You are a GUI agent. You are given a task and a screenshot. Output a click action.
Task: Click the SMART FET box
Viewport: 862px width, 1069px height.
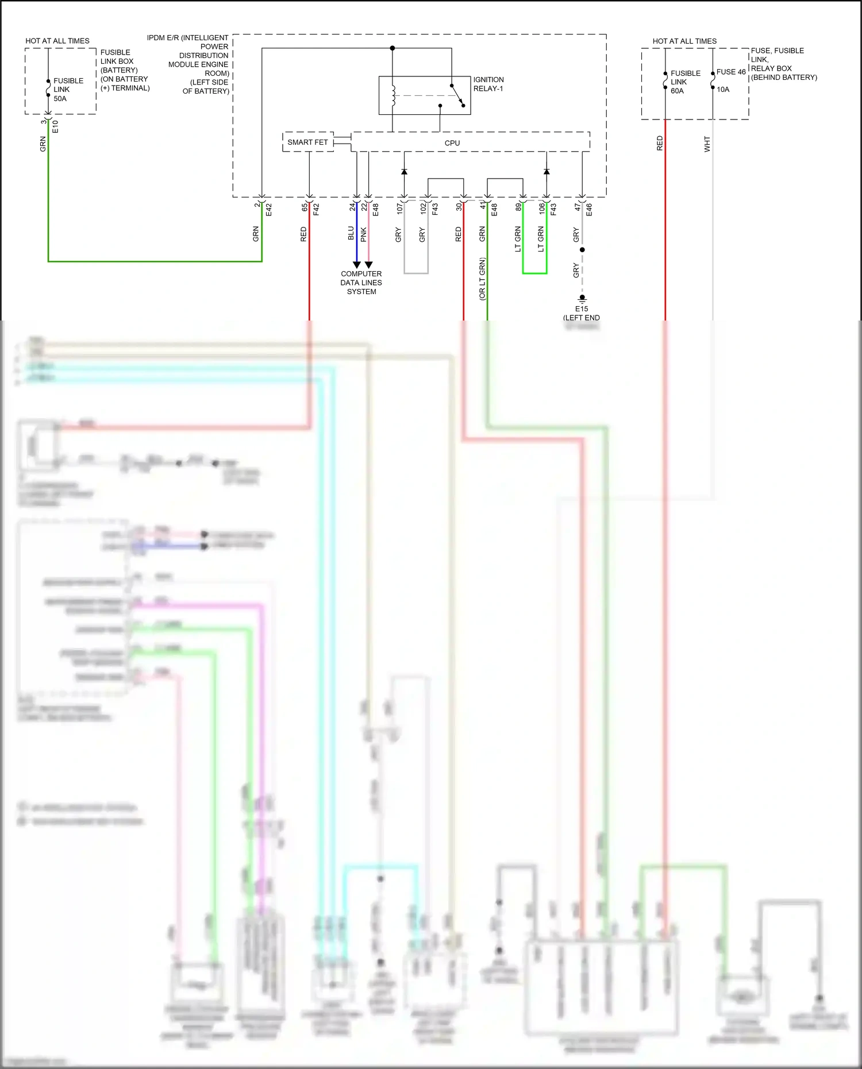(x=308, y=142)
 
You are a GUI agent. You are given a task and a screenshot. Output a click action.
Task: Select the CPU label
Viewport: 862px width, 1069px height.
(x=452, y=143)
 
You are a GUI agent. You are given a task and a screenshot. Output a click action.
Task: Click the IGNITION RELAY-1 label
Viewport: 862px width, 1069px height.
(x=488, y=84)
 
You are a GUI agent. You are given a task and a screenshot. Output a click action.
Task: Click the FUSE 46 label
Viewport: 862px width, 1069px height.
(x=731, y=72)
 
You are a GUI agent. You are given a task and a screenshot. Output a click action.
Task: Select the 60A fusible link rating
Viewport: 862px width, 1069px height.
(x=678, y=91)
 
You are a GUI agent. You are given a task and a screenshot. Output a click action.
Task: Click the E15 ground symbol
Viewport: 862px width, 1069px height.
(x=582, y=299)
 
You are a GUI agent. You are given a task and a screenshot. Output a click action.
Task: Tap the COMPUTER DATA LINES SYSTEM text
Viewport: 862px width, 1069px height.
(x=361, y=283)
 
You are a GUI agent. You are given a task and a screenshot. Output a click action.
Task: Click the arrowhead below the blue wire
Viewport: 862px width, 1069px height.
(x=356, y=265)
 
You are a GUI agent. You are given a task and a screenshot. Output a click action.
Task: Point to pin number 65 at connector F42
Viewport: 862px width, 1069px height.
(x=305, y=207)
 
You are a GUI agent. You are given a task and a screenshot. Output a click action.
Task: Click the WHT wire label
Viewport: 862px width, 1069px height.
(x=707, y=144)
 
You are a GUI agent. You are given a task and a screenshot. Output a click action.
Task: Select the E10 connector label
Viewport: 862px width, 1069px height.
(x=55, y=126)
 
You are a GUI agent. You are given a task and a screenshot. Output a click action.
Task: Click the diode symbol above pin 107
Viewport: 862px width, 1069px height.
(x=404, y=172)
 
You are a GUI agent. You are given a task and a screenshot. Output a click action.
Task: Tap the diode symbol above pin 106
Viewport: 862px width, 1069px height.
(x=547, y=172)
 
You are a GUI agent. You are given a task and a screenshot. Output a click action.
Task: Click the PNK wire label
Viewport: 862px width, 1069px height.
(x=363, y=234)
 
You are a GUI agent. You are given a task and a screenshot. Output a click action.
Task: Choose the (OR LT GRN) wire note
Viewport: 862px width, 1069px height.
(x=482, y=279)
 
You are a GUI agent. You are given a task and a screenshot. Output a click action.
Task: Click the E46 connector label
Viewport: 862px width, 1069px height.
(x=588, y=209)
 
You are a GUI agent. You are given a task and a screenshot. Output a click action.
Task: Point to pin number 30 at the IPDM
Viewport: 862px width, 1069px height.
(x=459, y=207)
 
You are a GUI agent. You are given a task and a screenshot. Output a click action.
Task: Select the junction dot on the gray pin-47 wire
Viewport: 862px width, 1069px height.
(x=582, y=250)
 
